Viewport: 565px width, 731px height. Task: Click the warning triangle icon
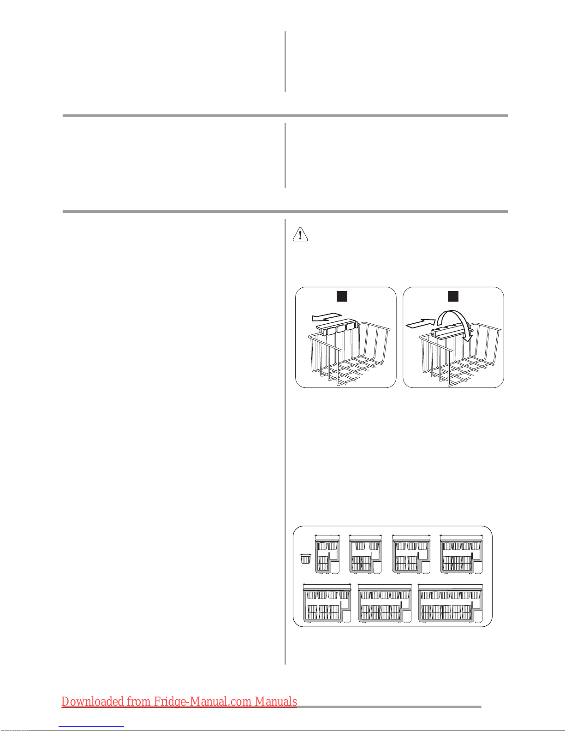(x=300, y=234)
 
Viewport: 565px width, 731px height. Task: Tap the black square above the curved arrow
(x=453, y=296)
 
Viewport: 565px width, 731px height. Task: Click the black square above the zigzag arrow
(x=342, y=296)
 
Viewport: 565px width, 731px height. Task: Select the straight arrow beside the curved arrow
(x=421, y=323)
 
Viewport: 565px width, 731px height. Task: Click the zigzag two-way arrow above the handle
(x=327, y=317)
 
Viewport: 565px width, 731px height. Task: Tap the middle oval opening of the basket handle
(x=341, y=329)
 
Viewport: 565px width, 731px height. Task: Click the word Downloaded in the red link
(x=93, y=701)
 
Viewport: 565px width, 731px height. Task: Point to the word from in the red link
(x=138, y=701)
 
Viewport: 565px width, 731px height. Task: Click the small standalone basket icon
(x=305, y=560)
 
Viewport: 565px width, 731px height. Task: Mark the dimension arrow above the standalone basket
(x=305, y=554)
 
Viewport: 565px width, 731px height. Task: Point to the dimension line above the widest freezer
(x=450, y=584)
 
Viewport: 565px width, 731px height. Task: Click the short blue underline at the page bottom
(x=91, y=727)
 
